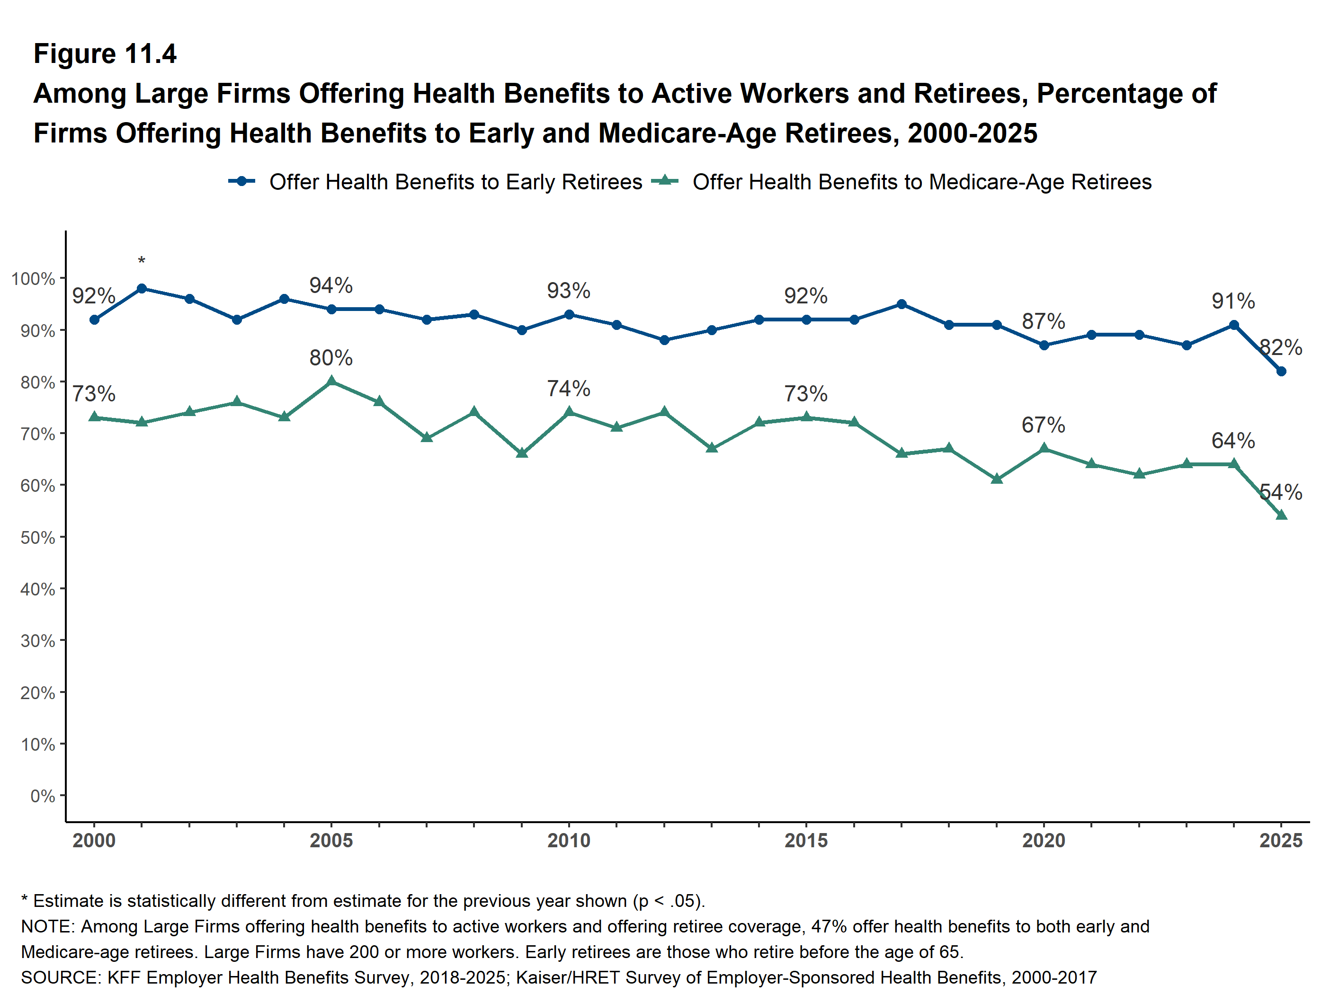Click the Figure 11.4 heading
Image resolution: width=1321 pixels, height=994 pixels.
105,54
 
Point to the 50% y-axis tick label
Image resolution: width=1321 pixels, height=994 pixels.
37,537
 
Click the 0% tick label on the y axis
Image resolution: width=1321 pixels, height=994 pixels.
43,796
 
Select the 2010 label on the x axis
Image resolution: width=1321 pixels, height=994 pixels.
569,841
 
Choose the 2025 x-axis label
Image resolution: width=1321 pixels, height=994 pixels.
1281,841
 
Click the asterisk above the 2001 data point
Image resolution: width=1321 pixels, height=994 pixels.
142,261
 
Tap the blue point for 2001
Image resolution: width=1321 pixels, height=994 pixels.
142,289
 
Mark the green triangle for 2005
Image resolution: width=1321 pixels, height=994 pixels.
331,382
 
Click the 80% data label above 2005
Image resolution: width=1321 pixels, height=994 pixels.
331,357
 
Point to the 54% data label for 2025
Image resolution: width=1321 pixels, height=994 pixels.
1281,493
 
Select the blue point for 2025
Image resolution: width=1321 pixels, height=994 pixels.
1281,372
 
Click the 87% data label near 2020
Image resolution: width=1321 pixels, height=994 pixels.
1043,321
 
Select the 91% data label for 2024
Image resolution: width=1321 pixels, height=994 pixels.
1233,301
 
